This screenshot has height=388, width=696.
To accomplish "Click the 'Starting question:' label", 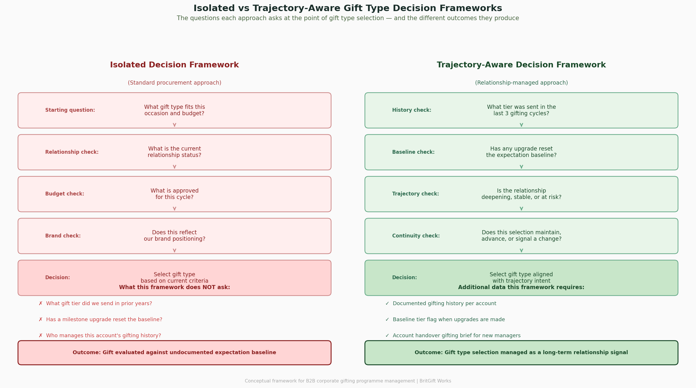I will [x=70, y=110].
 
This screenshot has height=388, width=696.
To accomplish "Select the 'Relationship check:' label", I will [x=72, y=152].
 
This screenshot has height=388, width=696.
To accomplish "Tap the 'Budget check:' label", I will [x=64, y=194].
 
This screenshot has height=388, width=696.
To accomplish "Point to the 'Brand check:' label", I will [x=63, y=236].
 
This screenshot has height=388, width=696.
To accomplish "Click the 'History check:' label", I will [x=411, y=110].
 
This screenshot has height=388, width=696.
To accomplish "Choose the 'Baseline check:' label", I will [x=413, y=152].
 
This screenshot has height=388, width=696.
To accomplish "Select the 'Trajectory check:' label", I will [x=415, y=194].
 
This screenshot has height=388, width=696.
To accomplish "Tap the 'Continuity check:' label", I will [x=416, y=236].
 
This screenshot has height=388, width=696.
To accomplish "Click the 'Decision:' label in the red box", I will [x=57, y=278].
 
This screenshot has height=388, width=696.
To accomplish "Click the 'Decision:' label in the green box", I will [x=404, y=278].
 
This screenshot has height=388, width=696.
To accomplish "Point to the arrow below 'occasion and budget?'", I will [x=175, y=125].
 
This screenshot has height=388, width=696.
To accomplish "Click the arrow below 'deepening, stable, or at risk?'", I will [x=521, y=209].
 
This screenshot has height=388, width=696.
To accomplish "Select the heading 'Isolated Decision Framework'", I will [x=174, y=65].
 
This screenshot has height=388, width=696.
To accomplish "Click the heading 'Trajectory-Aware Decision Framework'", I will [x=521, y=65].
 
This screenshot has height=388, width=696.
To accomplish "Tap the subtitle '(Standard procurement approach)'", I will [x=175, y=83].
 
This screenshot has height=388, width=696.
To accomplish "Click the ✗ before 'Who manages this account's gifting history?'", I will [x=41, y=336].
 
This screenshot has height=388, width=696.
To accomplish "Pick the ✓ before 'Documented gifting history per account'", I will [x=387, y=304].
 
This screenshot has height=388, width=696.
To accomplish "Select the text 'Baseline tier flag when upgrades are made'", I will [x=449, y=320].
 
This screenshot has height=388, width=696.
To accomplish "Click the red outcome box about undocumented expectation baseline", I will [x=174, y=353].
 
